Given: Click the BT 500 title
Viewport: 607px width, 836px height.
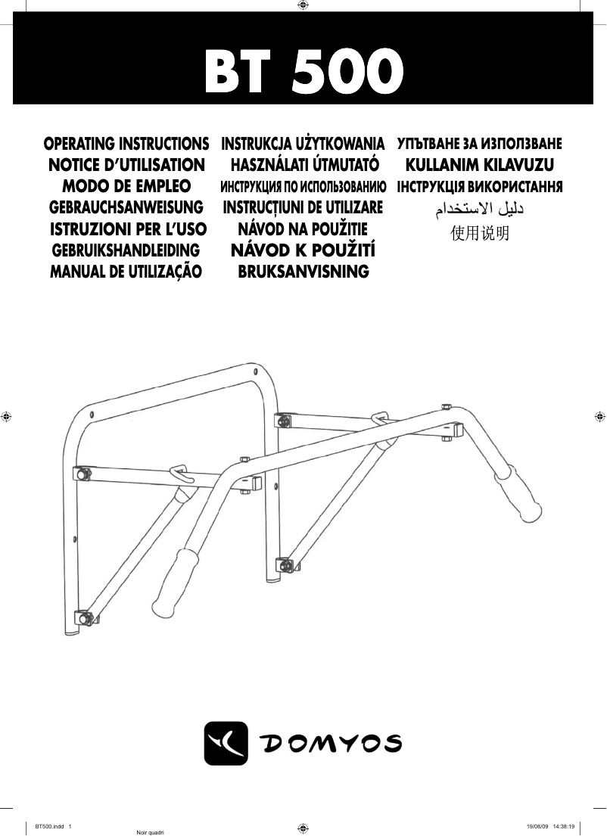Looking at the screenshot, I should (303, 73).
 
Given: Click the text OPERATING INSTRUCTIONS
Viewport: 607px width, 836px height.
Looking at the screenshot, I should (127, 143).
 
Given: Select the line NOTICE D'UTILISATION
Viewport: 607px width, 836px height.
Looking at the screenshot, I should (126, 164).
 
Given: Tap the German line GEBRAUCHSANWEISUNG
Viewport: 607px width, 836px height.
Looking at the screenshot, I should (126, 207).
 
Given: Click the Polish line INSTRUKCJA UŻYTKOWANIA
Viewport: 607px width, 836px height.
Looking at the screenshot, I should (303, 143).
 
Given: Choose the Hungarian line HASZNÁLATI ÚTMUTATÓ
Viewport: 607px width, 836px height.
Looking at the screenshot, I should (303, 164).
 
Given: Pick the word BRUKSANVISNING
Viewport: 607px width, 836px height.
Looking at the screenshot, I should (303, 272).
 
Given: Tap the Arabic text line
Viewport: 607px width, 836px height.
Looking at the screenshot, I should (480, 210).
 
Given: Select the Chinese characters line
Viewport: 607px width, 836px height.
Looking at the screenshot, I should (480, 233).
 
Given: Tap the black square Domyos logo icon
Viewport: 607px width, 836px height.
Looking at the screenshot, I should (226, 743).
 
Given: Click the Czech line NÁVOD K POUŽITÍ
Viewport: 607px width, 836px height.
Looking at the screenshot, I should (303, 250).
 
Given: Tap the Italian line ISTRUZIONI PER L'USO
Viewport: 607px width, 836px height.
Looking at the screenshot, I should (127, 228).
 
